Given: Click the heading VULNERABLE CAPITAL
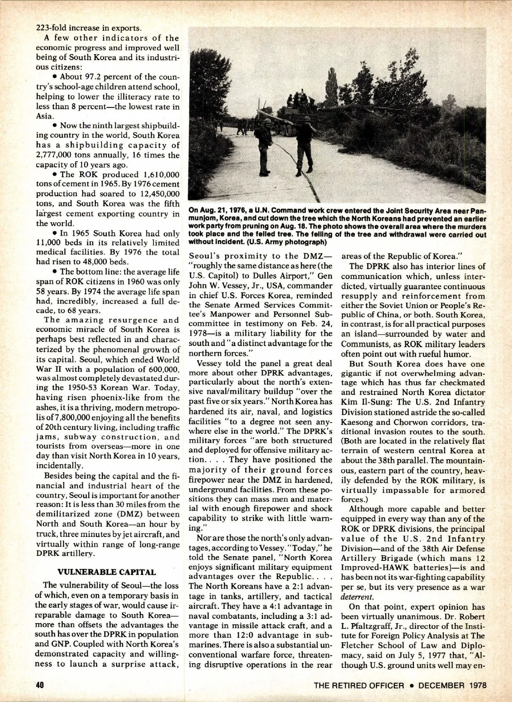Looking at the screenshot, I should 107,572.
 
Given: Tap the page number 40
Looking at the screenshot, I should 40,685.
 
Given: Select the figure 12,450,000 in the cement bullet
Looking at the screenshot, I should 156,194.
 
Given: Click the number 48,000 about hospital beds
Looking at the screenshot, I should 81,262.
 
